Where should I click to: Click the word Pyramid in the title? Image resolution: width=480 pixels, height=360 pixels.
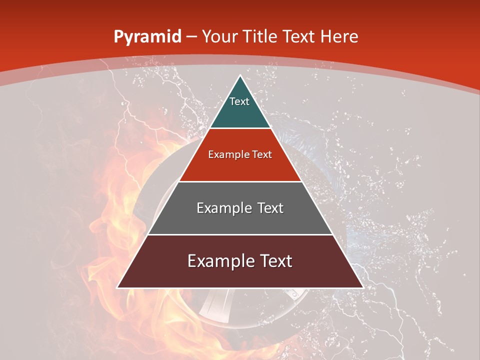pos(147,37)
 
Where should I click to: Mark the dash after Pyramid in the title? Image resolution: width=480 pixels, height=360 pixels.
pos(191,37)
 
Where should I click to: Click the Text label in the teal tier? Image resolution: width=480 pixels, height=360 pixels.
pos(239,101)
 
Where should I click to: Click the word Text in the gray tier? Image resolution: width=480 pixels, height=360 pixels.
pos(269,208)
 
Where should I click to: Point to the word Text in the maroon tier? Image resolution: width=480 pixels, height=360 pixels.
pos(274,261)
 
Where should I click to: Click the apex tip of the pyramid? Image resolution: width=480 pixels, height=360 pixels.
pos(240,76)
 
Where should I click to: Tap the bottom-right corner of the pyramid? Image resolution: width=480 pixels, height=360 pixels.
pos(362,287)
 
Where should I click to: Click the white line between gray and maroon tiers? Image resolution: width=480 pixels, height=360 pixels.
pos(240,234)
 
